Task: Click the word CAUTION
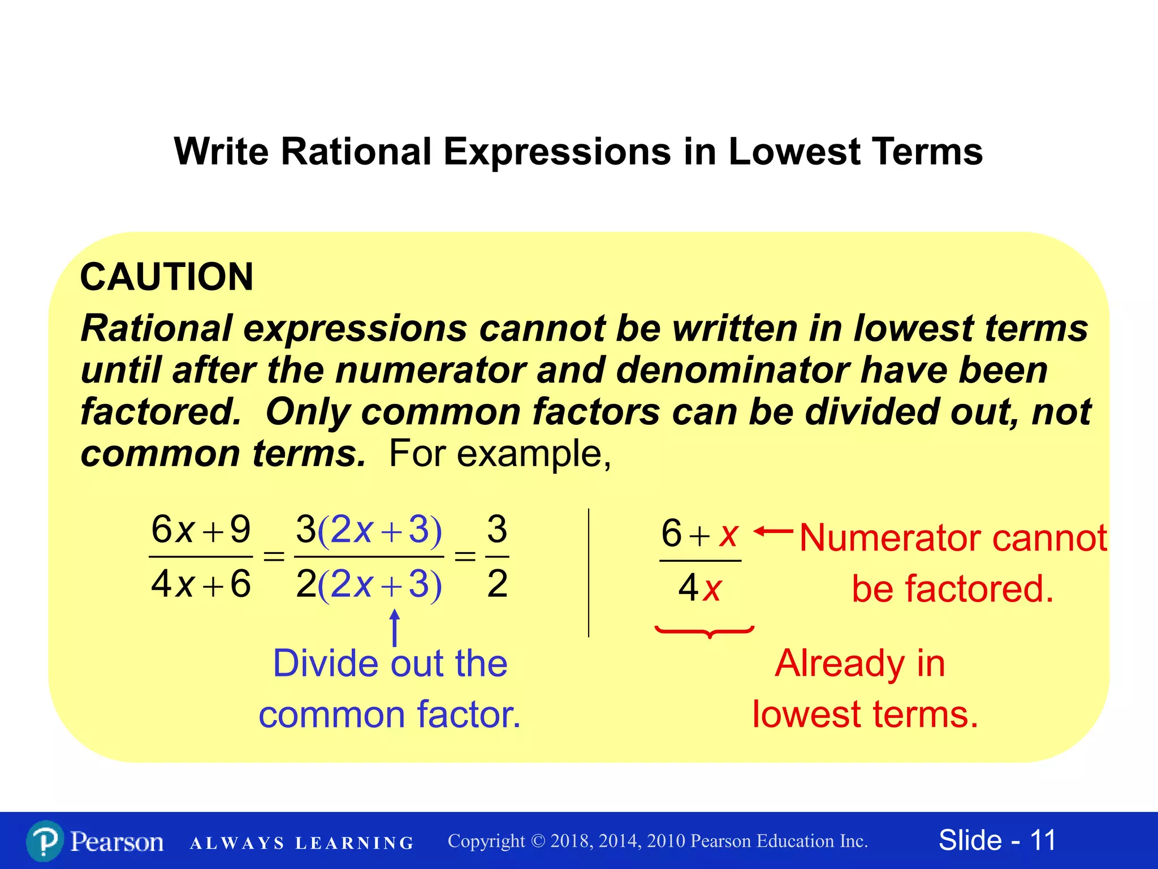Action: click(167, 277)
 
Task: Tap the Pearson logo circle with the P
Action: click(45, 841)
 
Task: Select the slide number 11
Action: click(1043, 840)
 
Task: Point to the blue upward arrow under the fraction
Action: click(395, 627)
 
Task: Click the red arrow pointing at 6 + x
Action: click(774, 531)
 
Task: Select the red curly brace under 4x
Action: click(705, 631)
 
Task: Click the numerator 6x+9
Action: click(201, 530)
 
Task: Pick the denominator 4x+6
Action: click(201, 584)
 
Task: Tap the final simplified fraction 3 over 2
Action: click(497, 557)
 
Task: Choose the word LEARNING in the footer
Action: click(355, 844)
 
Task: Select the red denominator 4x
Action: click(700, 588)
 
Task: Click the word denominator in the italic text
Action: click(732, 371)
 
